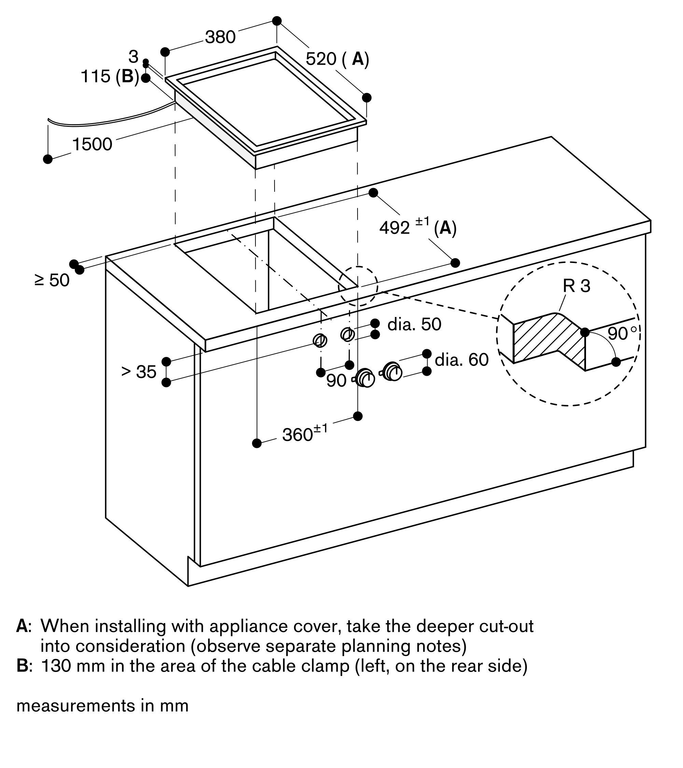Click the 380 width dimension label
[x=220, y=37]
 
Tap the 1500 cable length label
[x=92, y=145]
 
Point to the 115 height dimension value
[x=96, y=77]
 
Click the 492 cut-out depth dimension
[x=394, y=228]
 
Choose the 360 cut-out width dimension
[x=297, y=435]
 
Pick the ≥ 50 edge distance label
[x=52, y=280]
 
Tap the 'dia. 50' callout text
[x=414, y=324]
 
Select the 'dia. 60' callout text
[x=462, y=360]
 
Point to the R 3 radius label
[x=576, y=286]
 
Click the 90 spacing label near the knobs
[x=336, y=381]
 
